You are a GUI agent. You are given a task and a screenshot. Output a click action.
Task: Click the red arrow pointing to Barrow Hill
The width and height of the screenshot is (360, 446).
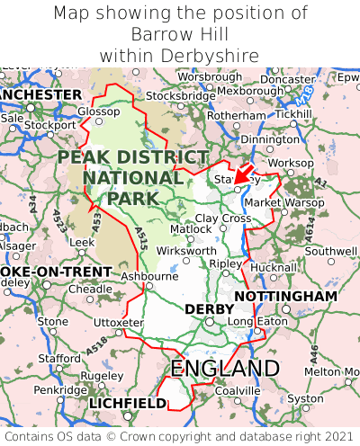pos(244,173)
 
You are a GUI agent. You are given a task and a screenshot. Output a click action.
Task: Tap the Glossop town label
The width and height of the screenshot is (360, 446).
pos(98,111)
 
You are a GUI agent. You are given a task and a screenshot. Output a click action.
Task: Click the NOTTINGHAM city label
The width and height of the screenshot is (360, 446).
pos(285,296)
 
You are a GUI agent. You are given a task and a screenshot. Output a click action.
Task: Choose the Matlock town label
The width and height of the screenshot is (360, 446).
pos(191,229)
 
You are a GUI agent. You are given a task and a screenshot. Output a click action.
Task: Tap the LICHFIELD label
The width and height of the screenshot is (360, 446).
pos(127,404)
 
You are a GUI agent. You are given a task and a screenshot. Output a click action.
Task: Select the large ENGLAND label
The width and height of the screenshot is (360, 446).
pos(225,369)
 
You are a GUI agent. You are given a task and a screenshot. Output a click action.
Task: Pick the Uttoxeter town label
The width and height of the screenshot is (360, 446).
pos(118,322)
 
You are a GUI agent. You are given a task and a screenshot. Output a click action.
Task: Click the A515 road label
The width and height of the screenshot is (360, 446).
pos(141,239)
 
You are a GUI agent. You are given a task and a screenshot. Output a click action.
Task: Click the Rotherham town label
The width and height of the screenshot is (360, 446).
pos(237,116)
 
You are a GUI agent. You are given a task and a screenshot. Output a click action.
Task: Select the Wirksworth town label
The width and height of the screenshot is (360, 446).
pos(185,251)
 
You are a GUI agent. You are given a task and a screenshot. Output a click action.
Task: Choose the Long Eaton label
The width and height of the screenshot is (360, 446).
pos(254,321)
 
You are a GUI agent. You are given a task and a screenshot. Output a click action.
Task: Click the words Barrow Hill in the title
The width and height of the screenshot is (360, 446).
pos(180,34)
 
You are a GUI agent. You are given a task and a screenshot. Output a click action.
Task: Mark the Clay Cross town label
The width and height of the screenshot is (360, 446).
pos(223,218)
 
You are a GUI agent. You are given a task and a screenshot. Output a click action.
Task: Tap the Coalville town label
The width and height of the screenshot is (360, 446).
pos(238,390)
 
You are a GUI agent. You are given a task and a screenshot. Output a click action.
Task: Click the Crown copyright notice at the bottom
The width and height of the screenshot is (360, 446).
pos(180,434)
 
